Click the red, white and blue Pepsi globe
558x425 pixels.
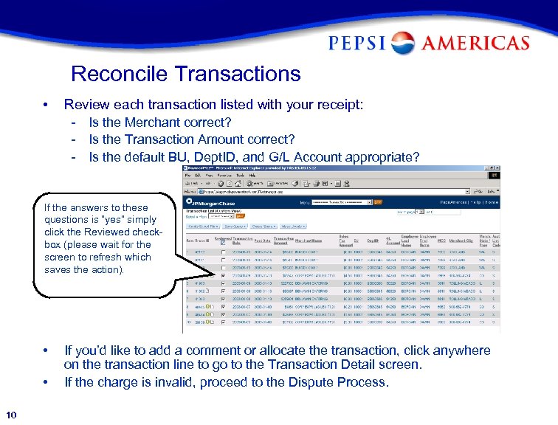coord(403,43)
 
